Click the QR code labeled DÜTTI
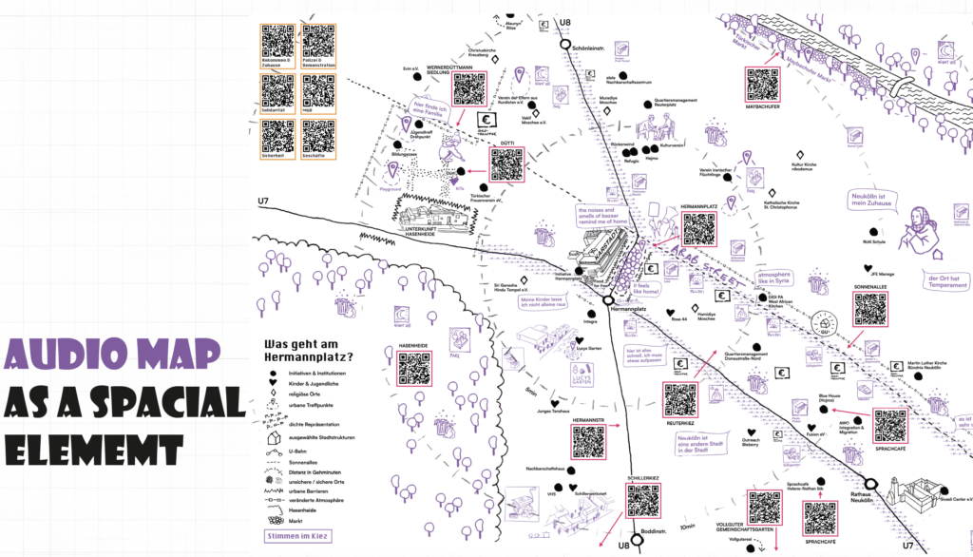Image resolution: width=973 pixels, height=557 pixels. pos(506,164)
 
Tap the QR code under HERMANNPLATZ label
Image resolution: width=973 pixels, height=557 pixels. pos(698,228)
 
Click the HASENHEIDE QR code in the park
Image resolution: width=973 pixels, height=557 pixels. pos(414,369)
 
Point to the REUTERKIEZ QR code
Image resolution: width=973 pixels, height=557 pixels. pos(680,399)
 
